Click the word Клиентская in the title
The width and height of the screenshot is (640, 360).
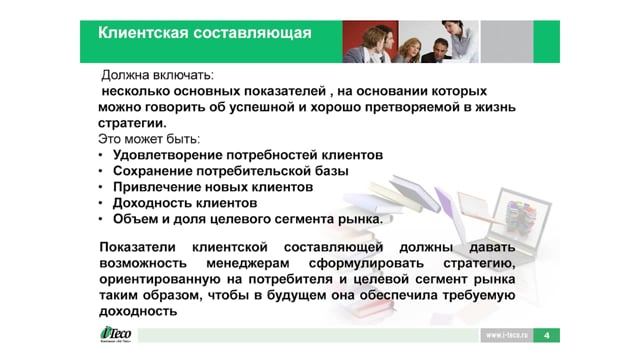142,33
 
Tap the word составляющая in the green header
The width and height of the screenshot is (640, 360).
252,33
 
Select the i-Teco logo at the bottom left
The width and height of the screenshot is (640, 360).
116,334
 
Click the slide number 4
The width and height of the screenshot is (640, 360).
547,336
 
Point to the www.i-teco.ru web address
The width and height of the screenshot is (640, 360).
507,336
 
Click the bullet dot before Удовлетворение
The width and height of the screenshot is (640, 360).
100,155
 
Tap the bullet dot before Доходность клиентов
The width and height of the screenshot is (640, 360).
100,203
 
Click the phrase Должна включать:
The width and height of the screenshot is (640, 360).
158,75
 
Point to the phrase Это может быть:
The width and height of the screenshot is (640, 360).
149,139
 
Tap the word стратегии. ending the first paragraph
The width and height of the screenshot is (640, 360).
132,123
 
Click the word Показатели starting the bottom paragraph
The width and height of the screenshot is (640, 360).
138,247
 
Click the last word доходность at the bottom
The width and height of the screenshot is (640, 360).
138,311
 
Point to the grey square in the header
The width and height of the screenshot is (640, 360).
507,42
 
